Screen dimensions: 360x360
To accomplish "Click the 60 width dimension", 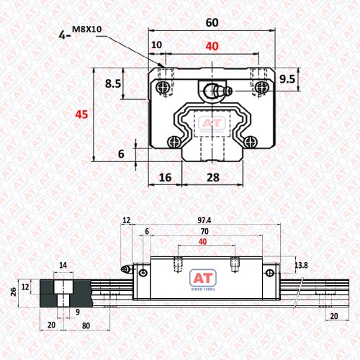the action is (212, 22).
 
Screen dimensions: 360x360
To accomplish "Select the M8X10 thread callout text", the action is (87, 30).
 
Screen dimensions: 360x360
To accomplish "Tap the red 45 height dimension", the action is (81, 114).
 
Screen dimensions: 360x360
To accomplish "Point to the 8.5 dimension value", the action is (113, 84).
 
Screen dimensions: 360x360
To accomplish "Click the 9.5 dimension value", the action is (287, 79).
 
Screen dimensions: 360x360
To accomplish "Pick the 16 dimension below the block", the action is (166, 178).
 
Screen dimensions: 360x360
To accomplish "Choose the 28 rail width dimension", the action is (213, 178).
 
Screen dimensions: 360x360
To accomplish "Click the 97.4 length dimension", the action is (204, 220).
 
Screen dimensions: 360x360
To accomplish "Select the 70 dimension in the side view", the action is (204, 231).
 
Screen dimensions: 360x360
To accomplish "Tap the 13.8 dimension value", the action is (301, 265).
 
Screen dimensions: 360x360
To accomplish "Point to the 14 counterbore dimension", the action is (63, 265).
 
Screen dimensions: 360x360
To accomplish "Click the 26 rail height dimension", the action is (14, 292).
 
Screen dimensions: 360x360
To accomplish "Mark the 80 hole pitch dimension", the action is (86, 325).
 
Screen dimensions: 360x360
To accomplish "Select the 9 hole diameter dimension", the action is (78, 312).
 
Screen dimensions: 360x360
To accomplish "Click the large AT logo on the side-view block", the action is (203, 279).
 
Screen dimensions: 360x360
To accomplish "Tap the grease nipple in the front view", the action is (217, 91).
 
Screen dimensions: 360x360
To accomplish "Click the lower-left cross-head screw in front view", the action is (174, 142).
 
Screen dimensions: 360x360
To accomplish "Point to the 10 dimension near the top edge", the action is (157, 45).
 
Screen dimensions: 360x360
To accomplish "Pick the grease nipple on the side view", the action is (126, 269).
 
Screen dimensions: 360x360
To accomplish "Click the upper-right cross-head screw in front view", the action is (261, 87).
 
